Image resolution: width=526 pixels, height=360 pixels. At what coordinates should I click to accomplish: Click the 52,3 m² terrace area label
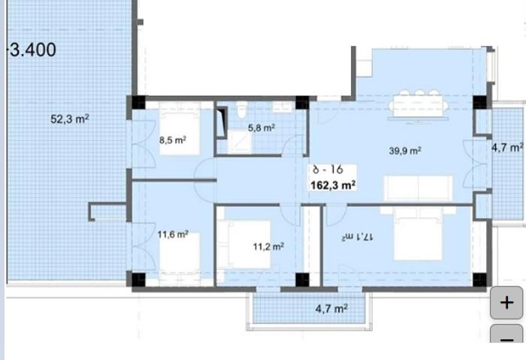coord(70,119)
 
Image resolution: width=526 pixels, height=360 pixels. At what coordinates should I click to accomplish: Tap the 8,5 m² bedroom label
coord(173,140)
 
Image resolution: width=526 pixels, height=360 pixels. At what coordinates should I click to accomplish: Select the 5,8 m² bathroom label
coord(261,128)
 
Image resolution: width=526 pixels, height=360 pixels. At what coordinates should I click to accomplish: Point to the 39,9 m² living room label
coord(405,150)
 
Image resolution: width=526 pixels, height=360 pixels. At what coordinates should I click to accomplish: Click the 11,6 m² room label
coord(173,234)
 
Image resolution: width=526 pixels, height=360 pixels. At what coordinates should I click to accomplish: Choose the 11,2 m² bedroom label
coord(268,247)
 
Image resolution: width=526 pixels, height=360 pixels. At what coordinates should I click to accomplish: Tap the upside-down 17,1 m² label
coord(357,237)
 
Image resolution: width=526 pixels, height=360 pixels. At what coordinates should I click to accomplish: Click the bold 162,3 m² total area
coord(333,185)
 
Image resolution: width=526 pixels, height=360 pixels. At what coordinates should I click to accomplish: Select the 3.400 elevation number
coord(32,50)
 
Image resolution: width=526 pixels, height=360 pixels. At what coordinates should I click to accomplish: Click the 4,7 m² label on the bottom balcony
coord(331,308)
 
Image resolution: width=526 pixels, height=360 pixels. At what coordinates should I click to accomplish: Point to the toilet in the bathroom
coord(241,110)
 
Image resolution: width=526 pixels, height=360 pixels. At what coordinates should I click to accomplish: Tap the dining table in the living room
coord(419,106)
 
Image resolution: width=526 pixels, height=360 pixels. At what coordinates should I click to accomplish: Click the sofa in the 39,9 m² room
coord(418,188)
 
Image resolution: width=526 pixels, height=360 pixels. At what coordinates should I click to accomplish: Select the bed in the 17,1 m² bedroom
coord(418,234)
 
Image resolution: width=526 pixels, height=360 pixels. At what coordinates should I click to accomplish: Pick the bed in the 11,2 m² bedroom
coord(244,244)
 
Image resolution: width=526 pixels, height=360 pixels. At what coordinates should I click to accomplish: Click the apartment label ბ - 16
coord(328,170)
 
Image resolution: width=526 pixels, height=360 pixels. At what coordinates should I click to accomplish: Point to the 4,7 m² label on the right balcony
coord(507,147)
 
